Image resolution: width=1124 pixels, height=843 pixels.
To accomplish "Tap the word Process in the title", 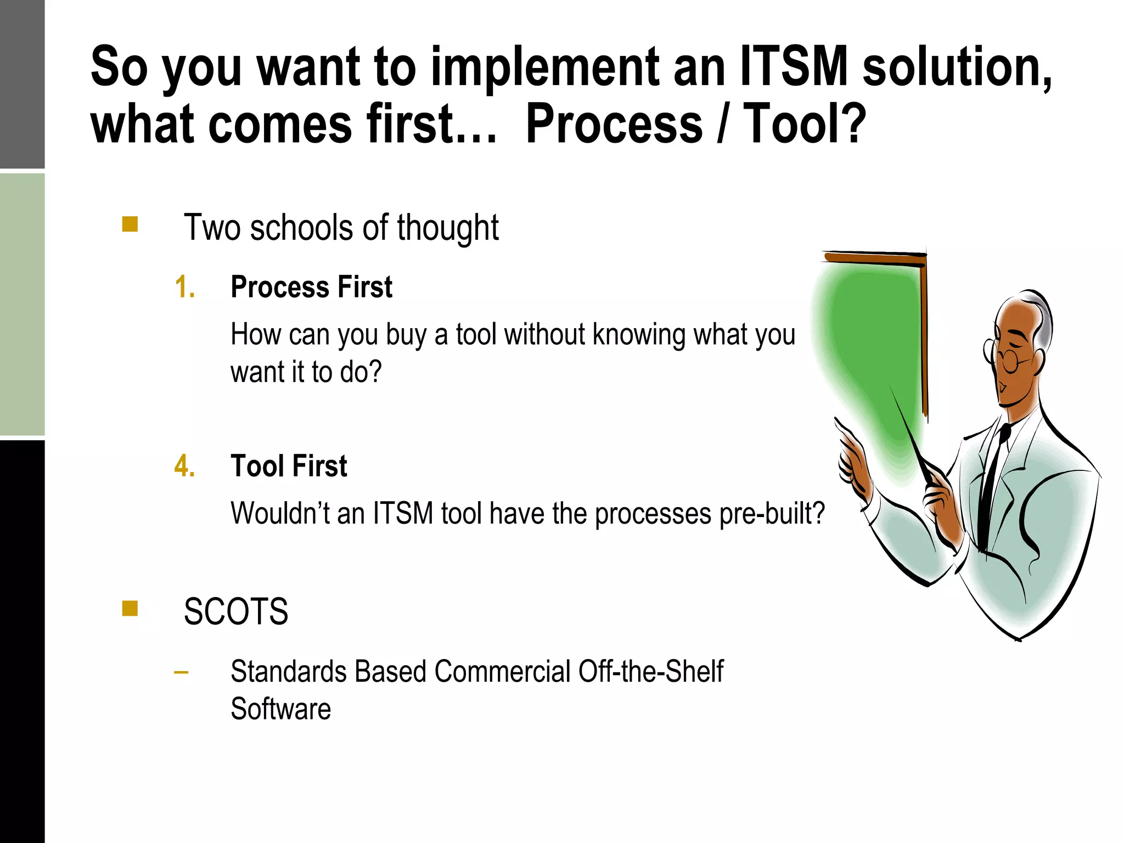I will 614,125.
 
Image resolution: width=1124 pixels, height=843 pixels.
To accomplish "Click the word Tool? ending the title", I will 804,125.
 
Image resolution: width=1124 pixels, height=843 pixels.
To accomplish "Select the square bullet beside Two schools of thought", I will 130,224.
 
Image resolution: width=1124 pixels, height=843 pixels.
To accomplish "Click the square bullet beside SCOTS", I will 130,609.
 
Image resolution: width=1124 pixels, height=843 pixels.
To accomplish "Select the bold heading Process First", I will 311,287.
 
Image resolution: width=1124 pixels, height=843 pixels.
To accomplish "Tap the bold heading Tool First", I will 289,466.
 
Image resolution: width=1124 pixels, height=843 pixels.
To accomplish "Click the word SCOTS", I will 235,611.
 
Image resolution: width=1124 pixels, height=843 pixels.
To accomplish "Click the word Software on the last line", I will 280,709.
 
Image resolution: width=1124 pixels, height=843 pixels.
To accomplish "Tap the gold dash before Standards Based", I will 181,672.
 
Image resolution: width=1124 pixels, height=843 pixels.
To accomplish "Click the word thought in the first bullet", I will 448,228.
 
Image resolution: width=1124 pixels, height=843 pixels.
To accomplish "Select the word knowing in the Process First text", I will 639,335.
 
